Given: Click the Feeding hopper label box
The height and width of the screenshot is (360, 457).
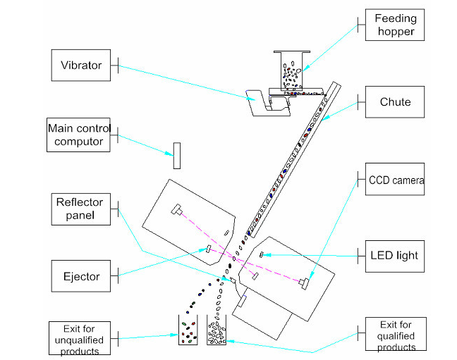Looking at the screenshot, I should (x=395, y=25).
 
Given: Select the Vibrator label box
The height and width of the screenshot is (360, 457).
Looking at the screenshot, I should (x=82, y=66).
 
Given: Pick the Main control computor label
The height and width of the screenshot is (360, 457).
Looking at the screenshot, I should (x=75, y=135).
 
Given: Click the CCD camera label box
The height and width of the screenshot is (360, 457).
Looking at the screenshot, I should (x=396, y=181).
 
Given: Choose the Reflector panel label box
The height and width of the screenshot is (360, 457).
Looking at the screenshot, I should (x=80, y=208).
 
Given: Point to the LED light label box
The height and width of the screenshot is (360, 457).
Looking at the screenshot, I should (x=395, y=254).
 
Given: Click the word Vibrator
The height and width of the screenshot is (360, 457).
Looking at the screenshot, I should (x=81, y=66).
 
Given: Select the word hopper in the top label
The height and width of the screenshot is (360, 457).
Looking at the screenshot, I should (x=395, y=31).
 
